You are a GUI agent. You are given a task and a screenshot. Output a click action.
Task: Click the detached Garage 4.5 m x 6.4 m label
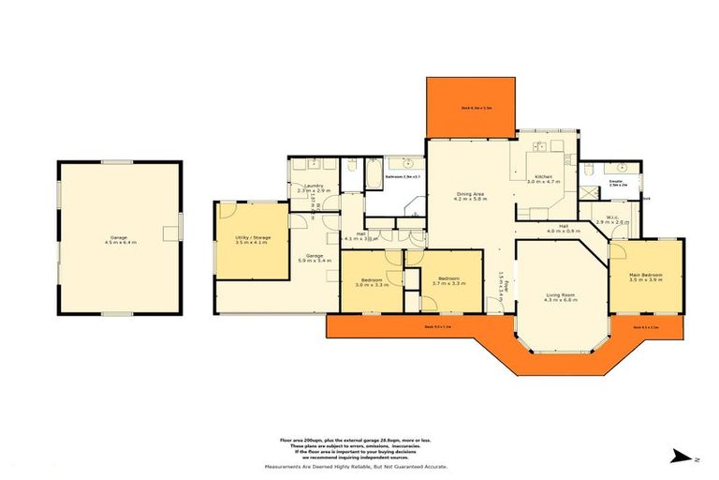tap(118, 240)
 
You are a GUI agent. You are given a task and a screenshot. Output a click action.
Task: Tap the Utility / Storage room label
tap(252, 240)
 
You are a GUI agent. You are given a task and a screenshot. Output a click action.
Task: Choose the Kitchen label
tap(543, 178)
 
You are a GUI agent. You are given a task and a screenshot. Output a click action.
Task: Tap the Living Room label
tap(562, 297)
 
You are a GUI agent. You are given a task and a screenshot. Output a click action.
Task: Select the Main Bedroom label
tap(645, 277)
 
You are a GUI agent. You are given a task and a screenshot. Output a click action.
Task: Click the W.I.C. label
tap(613, 220)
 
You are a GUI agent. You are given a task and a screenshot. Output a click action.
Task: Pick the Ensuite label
tap(616, 184)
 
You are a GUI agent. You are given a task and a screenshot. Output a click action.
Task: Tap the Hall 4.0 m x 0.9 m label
tap(565, 228)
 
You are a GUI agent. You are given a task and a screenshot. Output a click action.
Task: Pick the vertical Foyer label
tap(502, 279)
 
